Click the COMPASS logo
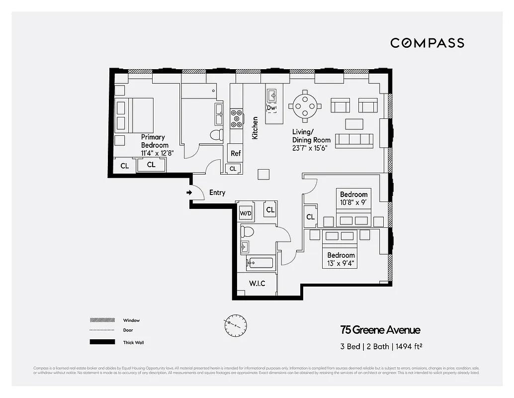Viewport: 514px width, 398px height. point(427,43)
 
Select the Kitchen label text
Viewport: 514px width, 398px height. point(255,128)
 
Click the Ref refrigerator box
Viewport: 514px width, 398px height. point(236,153)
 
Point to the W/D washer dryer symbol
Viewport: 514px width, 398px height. point(246,213)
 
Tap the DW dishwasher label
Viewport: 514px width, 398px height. point(271,108)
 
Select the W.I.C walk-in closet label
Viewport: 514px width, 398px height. point(257,284)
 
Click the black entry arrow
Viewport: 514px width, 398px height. point(189,193)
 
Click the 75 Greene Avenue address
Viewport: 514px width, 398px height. point(380,330)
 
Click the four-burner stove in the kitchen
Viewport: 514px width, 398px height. point(237,118)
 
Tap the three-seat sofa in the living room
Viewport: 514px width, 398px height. point(354,140)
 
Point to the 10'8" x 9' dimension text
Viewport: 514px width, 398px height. point(354,202)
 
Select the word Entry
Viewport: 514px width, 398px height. point(217,193)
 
